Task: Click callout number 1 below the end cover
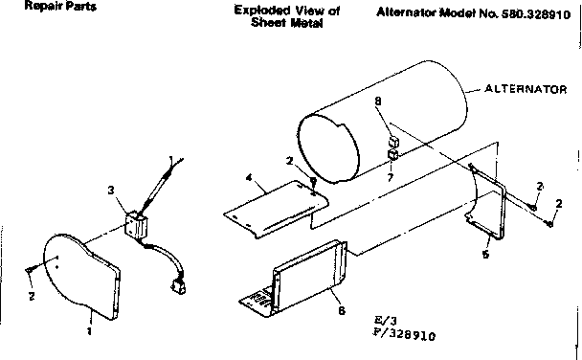[89, 332]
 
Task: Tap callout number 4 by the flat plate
[248, 177]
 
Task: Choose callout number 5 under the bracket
[485, 255]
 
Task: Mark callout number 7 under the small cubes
[390, 177]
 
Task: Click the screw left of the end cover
[31, 271]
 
